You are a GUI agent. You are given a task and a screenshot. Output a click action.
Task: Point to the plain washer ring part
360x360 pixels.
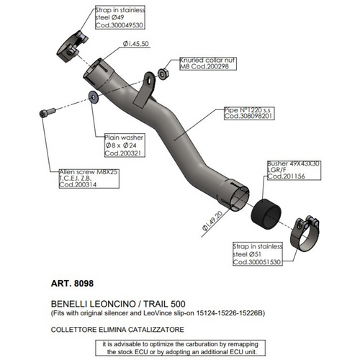pyautogui.click(x=92, y=96)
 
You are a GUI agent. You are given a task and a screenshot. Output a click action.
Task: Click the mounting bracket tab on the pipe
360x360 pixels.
pyautogui.click(x=150, y=87)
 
